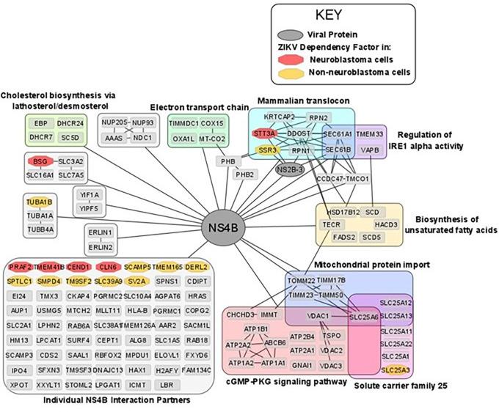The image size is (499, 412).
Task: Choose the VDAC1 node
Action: coord(317,315)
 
